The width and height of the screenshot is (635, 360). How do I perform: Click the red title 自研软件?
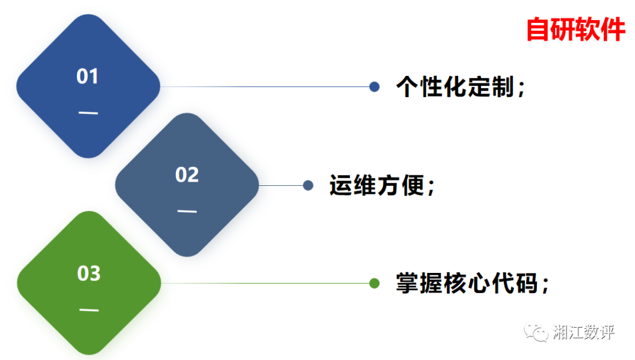575,29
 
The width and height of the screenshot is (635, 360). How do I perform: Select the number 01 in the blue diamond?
88,76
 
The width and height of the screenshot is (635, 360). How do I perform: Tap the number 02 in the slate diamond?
187,175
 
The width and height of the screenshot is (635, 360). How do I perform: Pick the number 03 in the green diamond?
89,274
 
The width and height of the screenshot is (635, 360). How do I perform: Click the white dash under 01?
88,113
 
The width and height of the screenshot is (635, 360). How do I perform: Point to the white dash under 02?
187,211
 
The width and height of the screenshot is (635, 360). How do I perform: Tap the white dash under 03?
89,310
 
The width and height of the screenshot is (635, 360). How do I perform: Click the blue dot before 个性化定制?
375,87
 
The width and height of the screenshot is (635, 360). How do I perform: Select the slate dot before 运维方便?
308,186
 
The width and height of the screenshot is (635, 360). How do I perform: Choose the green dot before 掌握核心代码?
375,284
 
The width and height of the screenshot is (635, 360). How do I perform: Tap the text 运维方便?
376,186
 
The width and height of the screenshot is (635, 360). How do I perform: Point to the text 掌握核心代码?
467,284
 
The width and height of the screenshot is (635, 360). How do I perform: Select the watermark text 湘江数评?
584,332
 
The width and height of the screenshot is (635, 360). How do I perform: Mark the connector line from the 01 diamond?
265,87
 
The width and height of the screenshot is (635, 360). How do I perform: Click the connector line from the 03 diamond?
265,284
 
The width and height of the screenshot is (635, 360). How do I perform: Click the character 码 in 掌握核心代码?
527,284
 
